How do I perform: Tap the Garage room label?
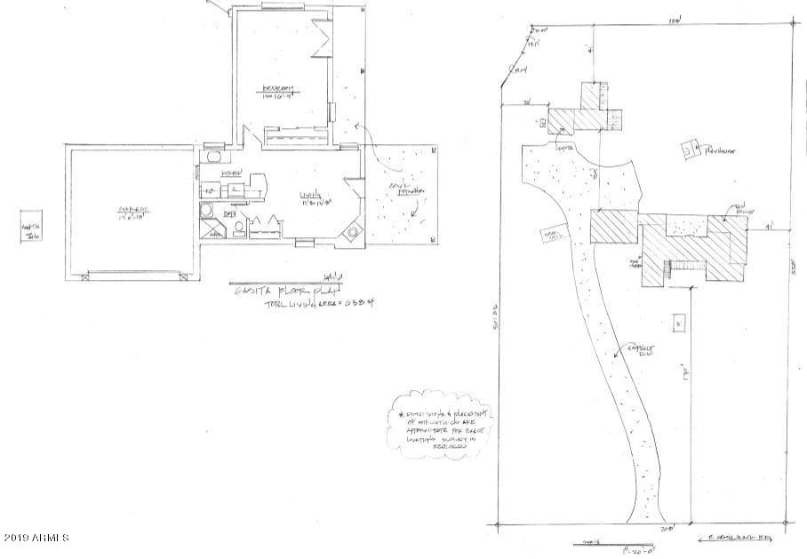130,212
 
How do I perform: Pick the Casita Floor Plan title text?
267,291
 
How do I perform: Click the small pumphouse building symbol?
690,150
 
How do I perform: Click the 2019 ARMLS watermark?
36,539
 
